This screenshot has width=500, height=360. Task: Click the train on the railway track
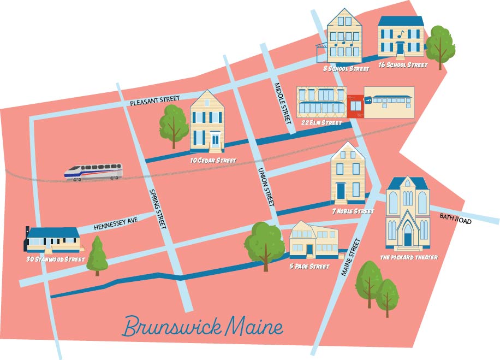pyautogui.click(x=93, y=172)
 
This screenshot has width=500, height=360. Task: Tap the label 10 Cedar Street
pyautogui.click(x=213, y=161)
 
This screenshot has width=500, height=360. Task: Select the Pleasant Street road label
pyautogui.click(x=155, y=101)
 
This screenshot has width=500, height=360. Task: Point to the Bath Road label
pyautogui.click(x=455, y=217)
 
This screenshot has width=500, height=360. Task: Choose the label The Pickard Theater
pyautogui.click(x=409, y=257)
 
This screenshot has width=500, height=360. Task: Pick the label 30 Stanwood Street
pyautogui.click(x=56, y=259)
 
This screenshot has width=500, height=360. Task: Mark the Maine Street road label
pyautogui.click(x=351, y=258)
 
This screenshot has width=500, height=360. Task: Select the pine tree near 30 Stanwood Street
pyautogui.click(x=97, y=256)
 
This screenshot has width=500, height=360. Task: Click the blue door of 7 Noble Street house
pyautogui.click(x=341, y=192)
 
